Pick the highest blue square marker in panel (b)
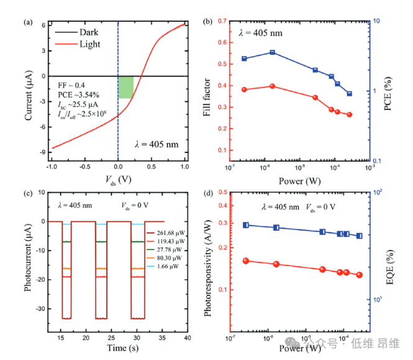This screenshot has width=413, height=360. click(x=272, y=52)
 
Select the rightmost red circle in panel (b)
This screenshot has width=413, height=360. click(x=350, y=114)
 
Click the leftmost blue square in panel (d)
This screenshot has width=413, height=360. click(x=246, y=225)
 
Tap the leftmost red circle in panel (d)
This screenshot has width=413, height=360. click(x=246, y=261)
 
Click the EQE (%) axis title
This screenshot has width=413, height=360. click(x=389, y=265)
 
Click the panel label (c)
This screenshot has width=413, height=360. click(x=28, y=191)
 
